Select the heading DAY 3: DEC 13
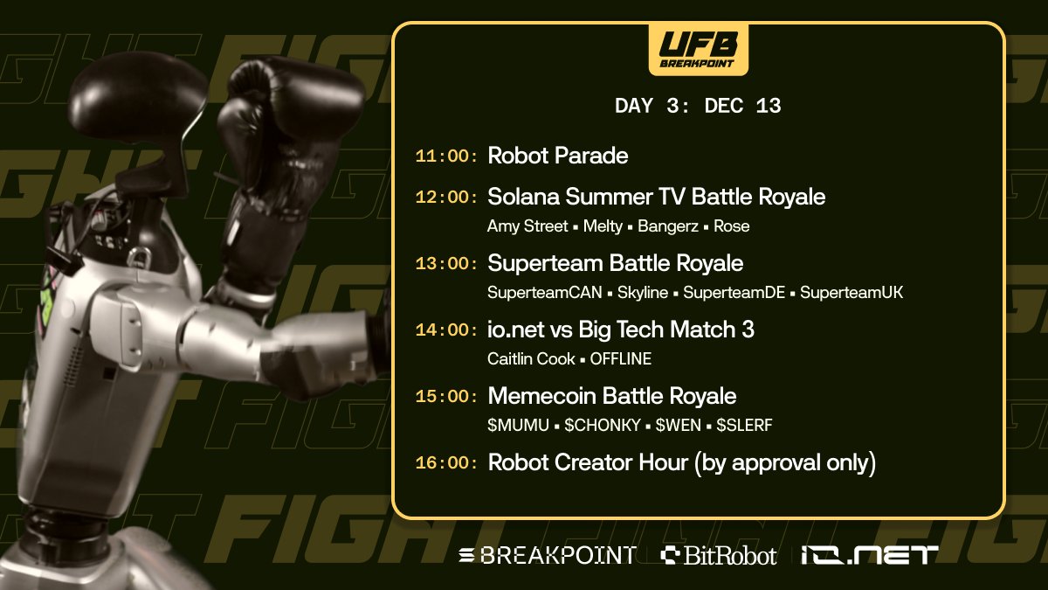698,107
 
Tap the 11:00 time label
447,156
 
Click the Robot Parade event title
558,156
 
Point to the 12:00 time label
447,198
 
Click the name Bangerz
668,226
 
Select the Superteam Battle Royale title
616,263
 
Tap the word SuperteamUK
851,293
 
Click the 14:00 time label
447,330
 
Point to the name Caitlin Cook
531,359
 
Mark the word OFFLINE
621,359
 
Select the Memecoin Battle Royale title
612,396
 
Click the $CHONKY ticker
603,426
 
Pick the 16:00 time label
447,463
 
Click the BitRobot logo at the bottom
719,554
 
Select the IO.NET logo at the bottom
870,554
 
